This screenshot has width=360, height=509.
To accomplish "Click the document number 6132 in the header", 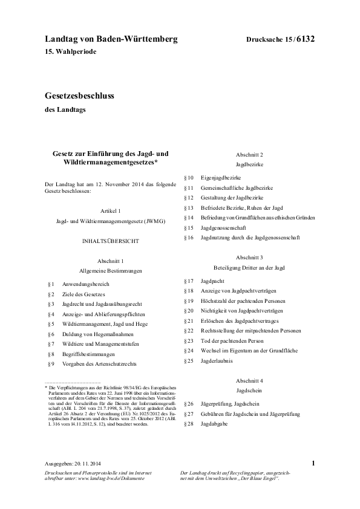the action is (306, 39).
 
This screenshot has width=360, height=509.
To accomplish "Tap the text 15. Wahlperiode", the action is (70, 52).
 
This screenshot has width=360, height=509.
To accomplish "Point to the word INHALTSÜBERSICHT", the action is (110, 241).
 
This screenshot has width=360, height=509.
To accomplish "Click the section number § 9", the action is (51, 364).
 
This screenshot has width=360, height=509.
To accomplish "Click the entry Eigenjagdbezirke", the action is (221, 178).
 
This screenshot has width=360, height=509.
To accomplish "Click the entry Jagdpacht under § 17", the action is (212, 281).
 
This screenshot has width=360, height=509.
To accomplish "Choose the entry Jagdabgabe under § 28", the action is (215, 423).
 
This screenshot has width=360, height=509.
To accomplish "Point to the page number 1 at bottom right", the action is (313, 462).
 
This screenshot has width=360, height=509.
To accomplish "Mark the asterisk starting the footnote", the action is (46, 386).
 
